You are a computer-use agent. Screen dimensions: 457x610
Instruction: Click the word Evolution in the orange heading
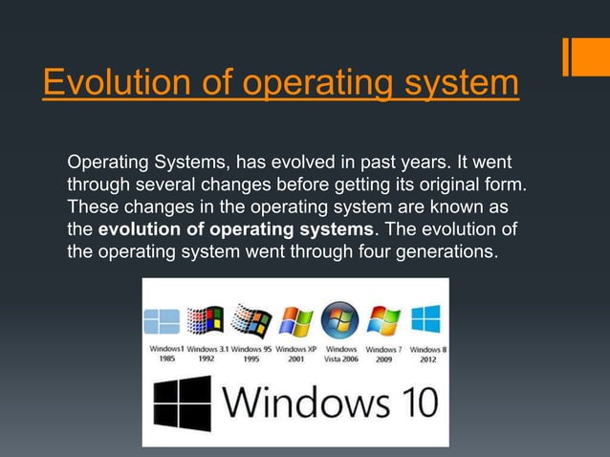pyautogui.click(x=104, y=82)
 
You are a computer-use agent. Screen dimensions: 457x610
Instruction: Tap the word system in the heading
pyautogui.click(x=455, y=82)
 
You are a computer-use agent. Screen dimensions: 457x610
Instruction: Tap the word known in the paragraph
pyautogui.click(x=458, y=206)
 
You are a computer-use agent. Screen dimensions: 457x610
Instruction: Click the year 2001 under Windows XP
pyautogui.click(x=294, y=360)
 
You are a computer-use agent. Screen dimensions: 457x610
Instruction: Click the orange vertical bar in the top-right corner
pyautogui.click(x=569, y=56)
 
